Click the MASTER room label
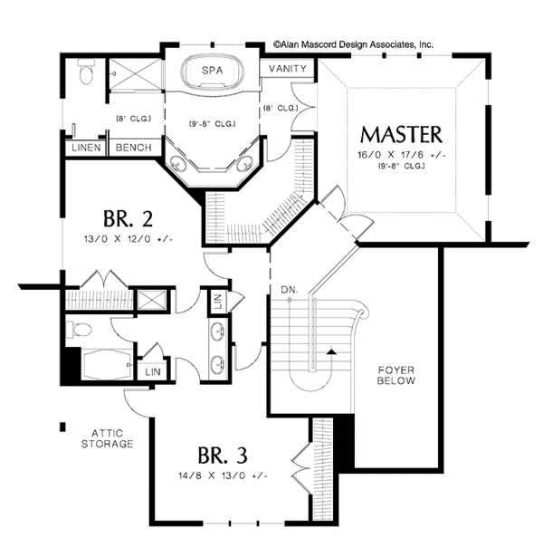coord(402,135)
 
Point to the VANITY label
coord(289,69)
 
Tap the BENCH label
coord(131,147)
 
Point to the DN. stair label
coord(290,290)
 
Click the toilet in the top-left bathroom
coord(87,73)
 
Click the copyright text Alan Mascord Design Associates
coord(353,43)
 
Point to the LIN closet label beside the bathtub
coord(151,371)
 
